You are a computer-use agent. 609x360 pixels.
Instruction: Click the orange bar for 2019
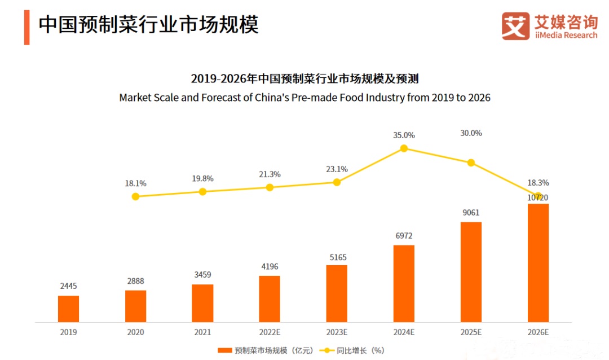tap(68, 309)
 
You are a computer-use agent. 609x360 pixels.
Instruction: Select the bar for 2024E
tap(404, 283)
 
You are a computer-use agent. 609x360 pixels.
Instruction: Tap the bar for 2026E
tap(538, 263)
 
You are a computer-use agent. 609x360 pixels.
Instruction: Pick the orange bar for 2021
tap(202, 303)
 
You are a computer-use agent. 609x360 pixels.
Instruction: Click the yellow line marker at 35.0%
tap(404, 148)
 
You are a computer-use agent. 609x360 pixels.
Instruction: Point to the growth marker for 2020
tap(135, 196)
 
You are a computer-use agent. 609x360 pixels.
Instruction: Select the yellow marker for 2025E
tap(471, 163)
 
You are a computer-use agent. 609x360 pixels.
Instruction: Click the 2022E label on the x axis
tap(270, 332)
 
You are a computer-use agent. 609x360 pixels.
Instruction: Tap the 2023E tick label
tap(337, 332)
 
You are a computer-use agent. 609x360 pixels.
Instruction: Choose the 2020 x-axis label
tap(135, 332)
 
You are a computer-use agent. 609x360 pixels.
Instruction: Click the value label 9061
tap(471, 213)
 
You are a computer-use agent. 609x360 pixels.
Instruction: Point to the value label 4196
tap(270, 266)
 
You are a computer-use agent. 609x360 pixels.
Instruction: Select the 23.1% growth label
tap(337, 169)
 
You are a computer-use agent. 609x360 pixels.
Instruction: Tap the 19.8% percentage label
tap(202, 178)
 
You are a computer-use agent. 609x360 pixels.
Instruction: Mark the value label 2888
tap(135, 280)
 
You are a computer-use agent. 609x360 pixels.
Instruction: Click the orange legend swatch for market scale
tap(224, 350)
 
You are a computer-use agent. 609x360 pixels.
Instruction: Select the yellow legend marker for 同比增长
tap(325, 350)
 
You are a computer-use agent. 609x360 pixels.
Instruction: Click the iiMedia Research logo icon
tap(515, 27)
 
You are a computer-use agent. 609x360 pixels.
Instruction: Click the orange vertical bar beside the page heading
tap(27, 27)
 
